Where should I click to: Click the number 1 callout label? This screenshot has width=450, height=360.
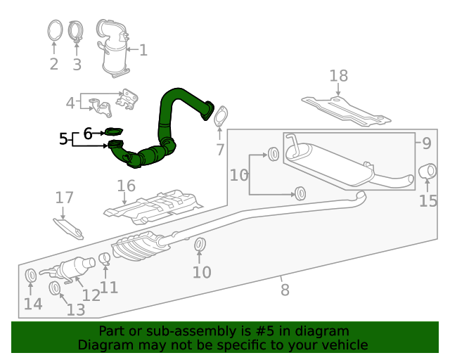[x=143, y=50]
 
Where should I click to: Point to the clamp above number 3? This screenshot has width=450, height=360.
[x=77, y=34]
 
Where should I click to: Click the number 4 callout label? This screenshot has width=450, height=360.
[x=70, y=103]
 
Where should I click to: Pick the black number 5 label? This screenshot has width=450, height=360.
[x=63, y=139]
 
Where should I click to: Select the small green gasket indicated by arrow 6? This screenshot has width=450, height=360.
[x=114, y=131]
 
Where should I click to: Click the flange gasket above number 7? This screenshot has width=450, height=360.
[x=220, y=118]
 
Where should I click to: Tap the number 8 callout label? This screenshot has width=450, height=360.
[x=285, y=289]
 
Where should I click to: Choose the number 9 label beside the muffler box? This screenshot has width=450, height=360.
[x=426, y=143]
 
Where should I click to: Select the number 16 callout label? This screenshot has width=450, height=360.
[x=127, y=186]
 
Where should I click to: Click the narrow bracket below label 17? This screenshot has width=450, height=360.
[x=68, y=226]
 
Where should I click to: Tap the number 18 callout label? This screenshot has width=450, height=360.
[x=338, y=75]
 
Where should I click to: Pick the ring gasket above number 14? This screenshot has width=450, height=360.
[x=32, y=275]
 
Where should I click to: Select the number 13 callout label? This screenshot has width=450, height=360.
[x=75, y=309]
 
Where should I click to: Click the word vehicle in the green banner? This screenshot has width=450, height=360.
[x=342, y=345]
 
